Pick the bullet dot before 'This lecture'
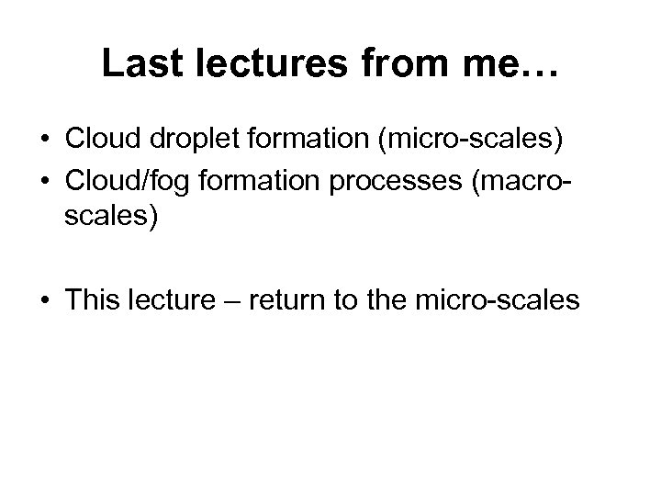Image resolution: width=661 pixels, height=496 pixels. [44, 299]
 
